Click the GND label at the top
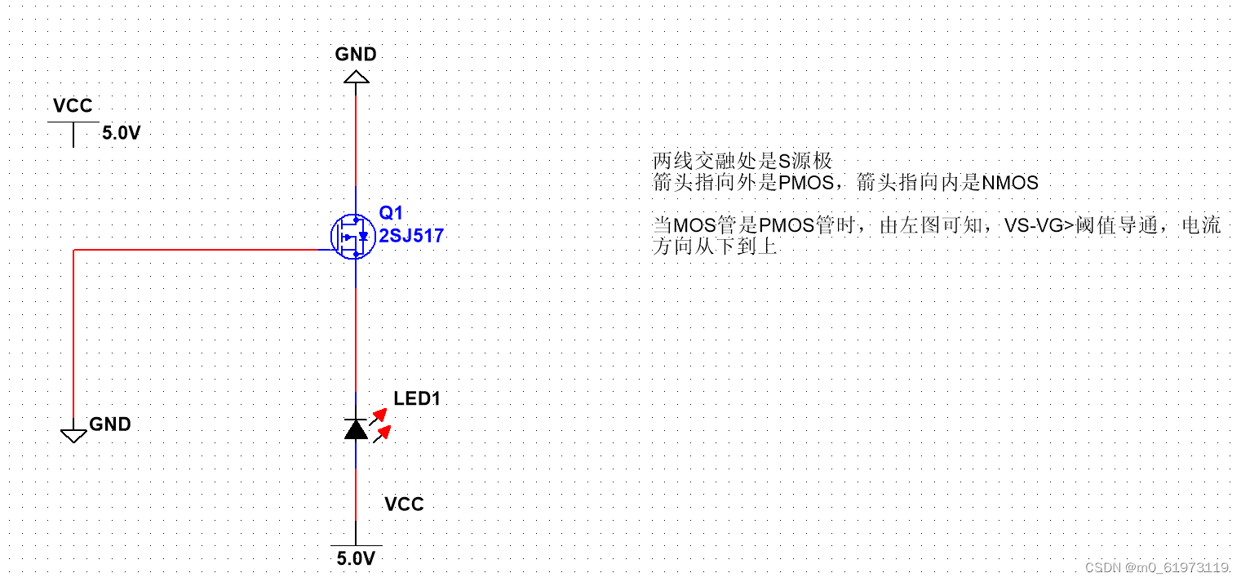356,55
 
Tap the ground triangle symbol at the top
356,77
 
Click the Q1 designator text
391,213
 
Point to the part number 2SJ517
411,237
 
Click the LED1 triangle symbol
356,429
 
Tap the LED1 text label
417,399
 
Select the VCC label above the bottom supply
404,504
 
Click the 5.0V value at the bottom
356,559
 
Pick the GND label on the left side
109,424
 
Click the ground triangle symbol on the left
73,435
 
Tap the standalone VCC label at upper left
73,106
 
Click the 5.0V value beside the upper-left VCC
121,133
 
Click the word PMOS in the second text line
805,183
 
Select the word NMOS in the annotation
1010,183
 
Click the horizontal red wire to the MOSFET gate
204,250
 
